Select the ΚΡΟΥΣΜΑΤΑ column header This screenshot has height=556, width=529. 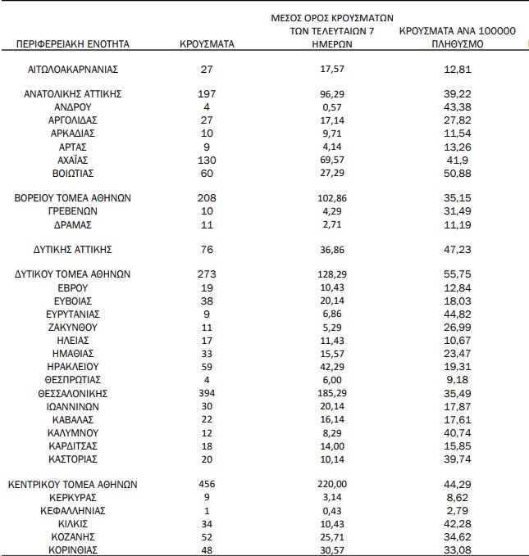point(207,43)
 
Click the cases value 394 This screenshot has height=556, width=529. point(207,393)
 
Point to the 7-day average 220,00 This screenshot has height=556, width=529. point(332,484)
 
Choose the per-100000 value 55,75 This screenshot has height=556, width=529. point(456,274)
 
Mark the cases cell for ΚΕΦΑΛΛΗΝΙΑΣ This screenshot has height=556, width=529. point(207,510)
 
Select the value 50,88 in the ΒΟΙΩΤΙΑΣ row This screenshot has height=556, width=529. point(456,173)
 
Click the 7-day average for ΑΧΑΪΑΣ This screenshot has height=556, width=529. point(332,160)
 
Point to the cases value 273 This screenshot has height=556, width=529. point(207,274)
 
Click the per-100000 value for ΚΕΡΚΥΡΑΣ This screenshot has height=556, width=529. point(456,497)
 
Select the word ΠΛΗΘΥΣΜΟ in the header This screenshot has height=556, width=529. point(456,43)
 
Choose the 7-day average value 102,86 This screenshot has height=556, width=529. point(332,198)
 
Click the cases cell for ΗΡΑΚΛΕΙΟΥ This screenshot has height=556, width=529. point(207,367)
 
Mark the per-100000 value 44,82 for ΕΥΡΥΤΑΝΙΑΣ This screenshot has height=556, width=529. point(456,314)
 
